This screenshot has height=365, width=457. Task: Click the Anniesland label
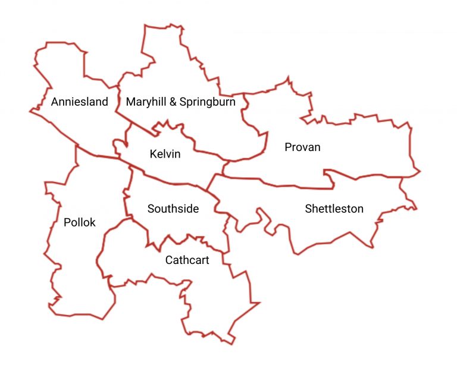[80, 102]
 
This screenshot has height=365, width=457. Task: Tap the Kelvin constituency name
[165, 155]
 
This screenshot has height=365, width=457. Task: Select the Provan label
[302, 147]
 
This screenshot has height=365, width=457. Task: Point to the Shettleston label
[334, 209]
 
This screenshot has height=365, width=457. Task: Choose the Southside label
[173, 209]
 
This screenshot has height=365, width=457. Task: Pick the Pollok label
[79, 222]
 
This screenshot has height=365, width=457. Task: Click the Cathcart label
[187, 260]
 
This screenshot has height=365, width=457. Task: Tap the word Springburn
[208, 102]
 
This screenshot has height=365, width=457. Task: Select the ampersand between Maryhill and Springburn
[173, 102]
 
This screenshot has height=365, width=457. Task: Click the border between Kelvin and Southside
[173, 180]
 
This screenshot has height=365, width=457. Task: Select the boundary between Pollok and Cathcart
[102, 250]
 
